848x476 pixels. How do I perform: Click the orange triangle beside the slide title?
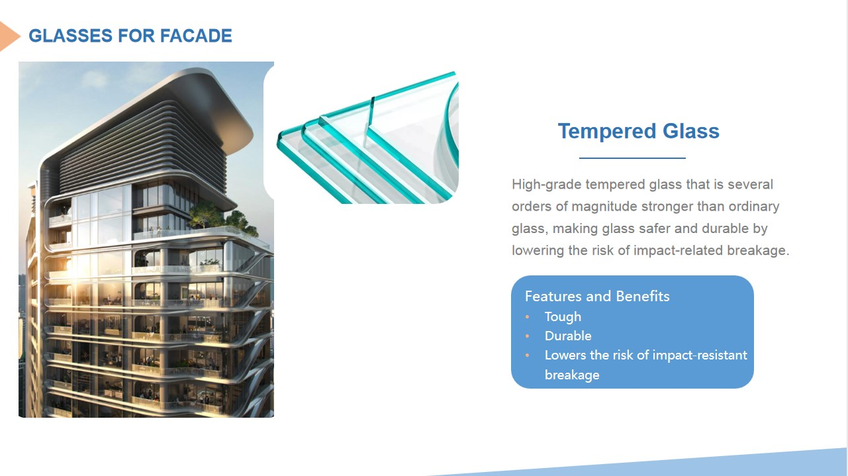coord(9,36)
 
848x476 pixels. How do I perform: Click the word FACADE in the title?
coord(196,36)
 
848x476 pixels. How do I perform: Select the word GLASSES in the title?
coord(70,36)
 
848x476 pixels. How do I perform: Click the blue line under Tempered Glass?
coord(632,158)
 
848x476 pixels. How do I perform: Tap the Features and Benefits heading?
coord(597,296)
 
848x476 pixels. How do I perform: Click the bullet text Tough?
coord(563,317)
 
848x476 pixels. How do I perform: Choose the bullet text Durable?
coord(568,336)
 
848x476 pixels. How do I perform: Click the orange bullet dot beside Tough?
coord(528,316)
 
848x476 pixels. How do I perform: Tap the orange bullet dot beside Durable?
coord(528,336)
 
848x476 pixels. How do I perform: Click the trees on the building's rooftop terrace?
coord(222,218)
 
